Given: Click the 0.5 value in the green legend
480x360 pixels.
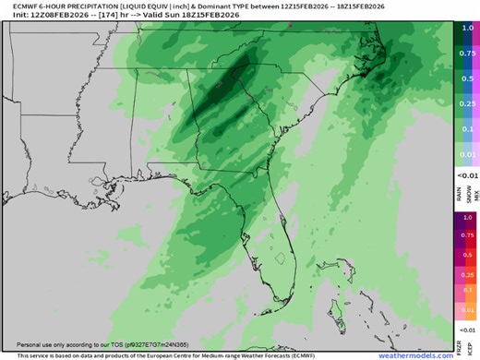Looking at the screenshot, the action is tap(467, 78).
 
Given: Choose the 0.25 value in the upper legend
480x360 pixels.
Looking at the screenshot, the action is tap(467, 104).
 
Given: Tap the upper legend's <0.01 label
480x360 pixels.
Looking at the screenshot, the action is tap(467, 174).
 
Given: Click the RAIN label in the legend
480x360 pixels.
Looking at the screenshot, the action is tap(460, 192).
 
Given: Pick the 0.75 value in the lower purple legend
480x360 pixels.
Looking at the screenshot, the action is tap(467, 234).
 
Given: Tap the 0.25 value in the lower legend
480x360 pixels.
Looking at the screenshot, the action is tap(467, 275).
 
